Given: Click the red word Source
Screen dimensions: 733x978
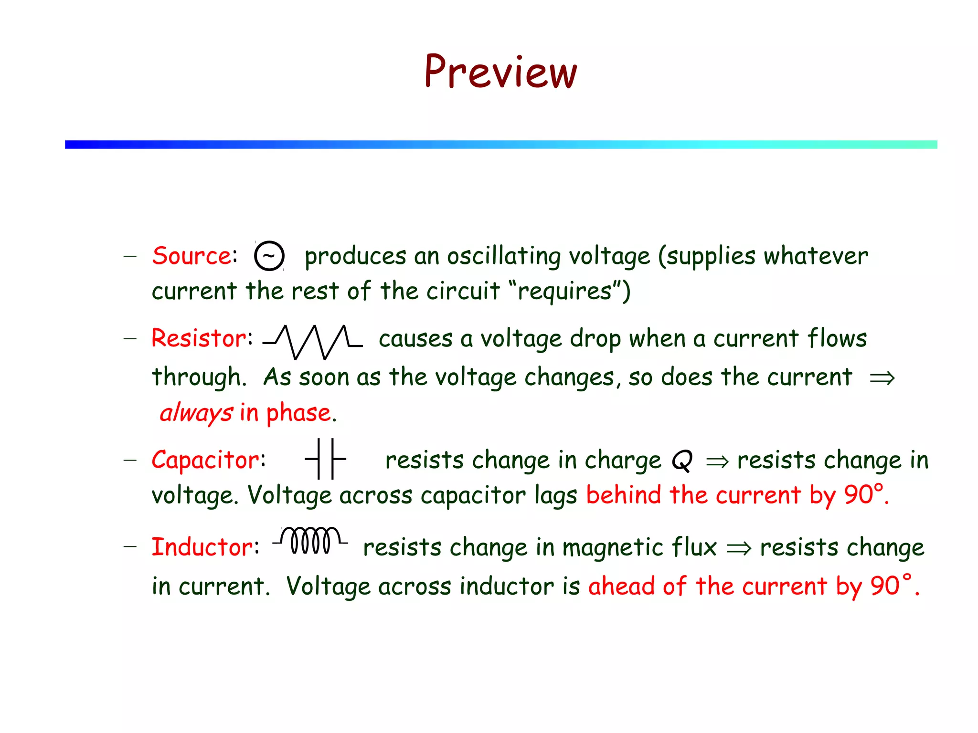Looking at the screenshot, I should pos(192,256).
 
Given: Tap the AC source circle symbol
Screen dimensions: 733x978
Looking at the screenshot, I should pos(269,256).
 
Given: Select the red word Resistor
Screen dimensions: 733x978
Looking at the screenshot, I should pos(200,338).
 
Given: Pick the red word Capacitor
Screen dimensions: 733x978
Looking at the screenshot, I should pos(206,460).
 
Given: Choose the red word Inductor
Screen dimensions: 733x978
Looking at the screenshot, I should pos(203,547).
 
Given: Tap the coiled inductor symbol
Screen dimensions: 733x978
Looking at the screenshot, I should pos(310,541).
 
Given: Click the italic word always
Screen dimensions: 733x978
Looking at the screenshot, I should pos(196,413).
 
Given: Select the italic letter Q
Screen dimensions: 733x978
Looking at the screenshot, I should pos(682,461).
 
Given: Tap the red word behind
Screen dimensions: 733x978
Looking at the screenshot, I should pos(624,495).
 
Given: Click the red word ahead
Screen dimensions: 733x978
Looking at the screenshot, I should pos(621,586).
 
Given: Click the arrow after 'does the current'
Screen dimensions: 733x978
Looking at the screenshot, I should pos(882,378).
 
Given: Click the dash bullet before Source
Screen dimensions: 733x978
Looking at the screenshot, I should pos(130,256).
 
